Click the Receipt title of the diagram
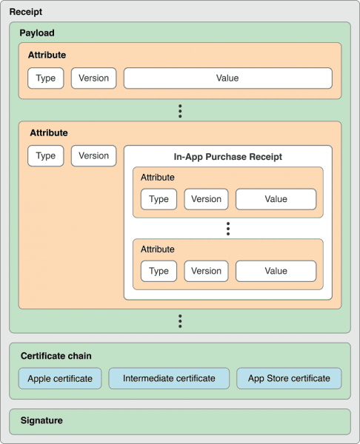(25, 13)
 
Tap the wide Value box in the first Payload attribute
(227, 78)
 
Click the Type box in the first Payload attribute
(46, 78)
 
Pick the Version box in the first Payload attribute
(93, 78)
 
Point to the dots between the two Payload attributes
(180, 111)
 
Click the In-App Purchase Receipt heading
(227, 157)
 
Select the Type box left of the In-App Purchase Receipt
(46, 156)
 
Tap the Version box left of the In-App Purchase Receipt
(93, 156)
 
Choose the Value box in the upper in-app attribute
(276, 199)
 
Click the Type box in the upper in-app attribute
(159, 199)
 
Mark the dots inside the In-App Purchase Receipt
(228, 229)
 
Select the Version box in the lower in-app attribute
(206, 271)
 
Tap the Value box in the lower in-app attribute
(276, 271)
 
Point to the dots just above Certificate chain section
(180, 321)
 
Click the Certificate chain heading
(56, 356)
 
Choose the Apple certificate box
(60, 378)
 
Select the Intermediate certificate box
(169, 378)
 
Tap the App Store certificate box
(289, 378)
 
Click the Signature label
(42, 420)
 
